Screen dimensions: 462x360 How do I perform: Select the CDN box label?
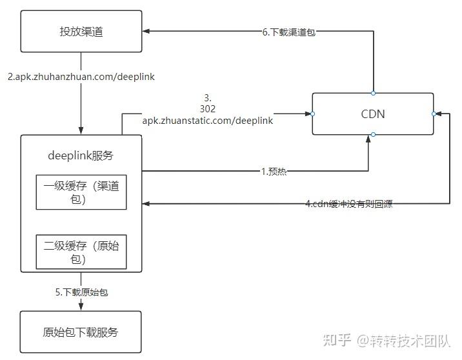point(373,114)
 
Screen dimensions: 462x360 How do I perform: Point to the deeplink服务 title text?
point(81,155)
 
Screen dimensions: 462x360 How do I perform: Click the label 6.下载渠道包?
point(289,32)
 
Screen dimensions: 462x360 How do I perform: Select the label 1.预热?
point(274,171)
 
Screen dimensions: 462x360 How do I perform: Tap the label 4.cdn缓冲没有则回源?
point(349,204)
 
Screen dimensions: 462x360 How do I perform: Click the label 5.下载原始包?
point(81,292)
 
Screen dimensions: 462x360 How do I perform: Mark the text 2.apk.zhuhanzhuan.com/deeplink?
point(81,77)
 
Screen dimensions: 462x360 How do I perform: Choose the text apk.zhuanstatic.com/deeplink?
point(208,121)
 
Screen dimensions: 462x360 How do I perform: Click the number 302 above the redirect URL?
point(208,108)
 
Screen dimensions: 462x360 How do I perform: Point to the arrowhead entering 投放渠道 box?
point(146,31)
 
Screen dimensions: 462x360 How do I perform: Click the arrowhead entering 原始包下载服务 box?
point(81,306)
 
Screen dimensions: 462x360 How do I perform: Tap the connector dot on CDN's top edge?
point(374,94)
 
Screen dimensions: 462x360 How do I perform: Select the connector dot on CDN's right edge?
point(434,114)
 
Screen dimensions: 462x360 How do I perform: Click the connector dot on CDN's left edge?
point(312,114)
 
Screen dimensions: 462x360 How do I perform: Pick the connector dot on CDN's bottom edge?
point(374,135)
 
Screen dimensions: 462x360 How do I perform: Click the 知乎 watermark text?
point(337,340)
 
